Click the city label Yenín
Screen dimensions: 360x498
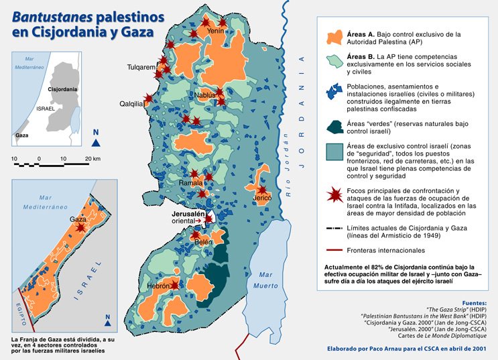215,31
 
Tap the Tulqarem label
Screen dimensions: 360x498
142,68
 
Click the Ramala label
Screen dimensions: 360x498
190,182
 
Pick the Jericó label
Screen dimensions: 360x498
262,198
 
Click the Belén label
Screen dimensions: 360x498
203,241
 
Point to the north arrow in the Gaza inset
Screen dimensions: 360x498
107,317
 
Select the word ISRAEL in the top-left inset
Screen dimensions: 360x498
46,108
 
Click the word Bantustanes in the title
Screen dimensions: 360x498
49,14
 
